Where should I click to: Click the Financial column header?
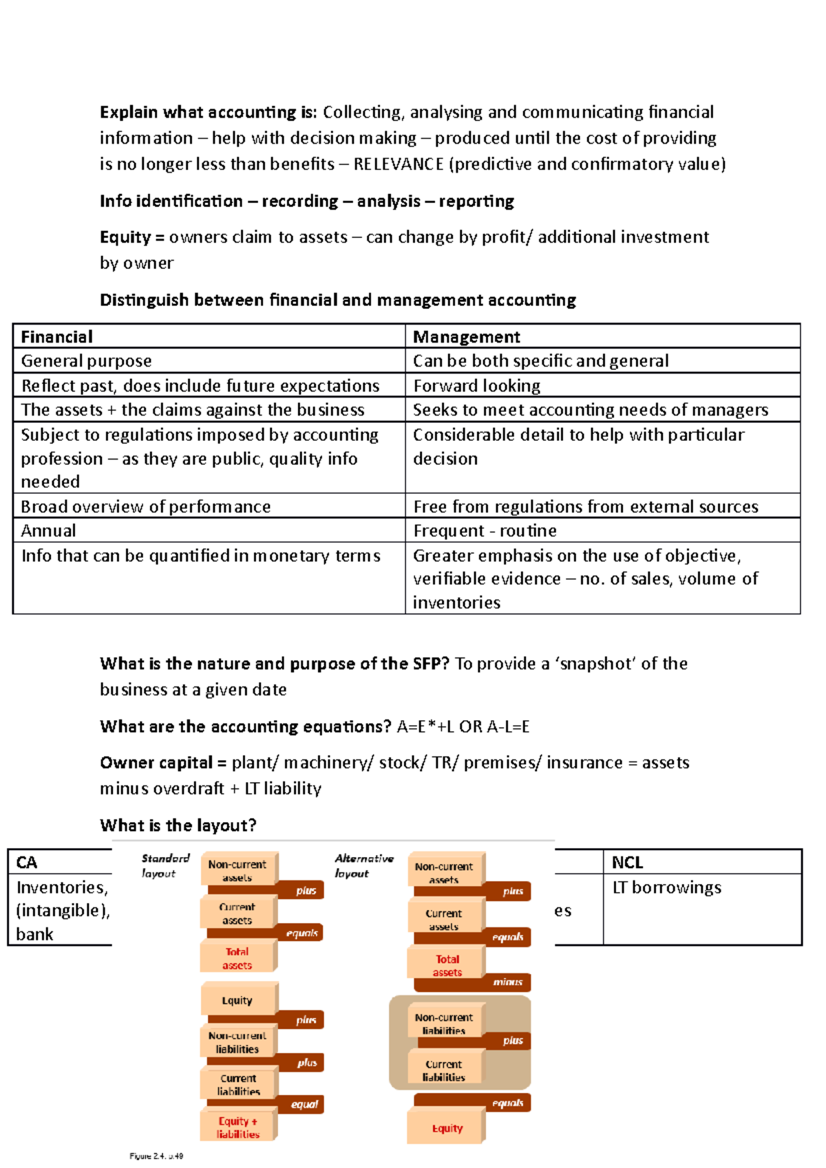pyautogui.click(x=56, y=336)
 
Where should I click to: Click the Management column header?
pyautogui.click(x=466, y=336)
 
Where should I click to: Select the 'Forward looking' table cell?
pyautogui.click(x=476, y=385)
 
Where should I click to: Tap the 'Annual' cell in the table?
pyautogui.click(x=48, y=530)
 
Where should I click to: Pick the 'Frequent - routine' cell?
pyautogui.click(x=485, y=530)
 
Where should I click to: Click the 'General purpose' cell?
pyautogui.click(x=86, y=360)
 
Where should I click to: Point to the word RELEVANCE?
pyautogui.click(x=398, y=164)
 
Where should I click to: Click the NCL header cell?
pyautogui.click(x=627, y=862)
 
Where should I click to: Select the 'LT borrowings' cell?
pyautogui.click(x=666, y=887)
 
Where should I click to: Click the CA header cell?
pyautogui.click(x=27, y=862)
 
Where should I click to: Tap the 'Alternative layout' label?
pyautogui.click(x=363, y=865)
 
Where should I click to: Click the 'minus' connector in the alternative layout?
pyautogui.click(x=507, y=982)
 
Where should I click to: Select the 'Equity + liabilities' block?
pyautogui.click(x=238, y=1127)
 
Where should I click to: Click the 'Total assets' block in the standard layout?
pyautogui.click(x=237, y=958)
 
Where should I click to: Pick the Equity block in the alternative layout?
pyautogui.click(x=447, y=1128)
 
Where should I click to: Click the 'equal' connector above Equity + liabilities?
pyautogui.click(x=304, y=1104)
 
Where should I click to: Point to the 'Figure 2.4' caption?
pyautogui.click(x=156, y=1156)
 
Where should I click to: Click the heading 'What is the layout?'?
pyautogui.click(x=178, y=825)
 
